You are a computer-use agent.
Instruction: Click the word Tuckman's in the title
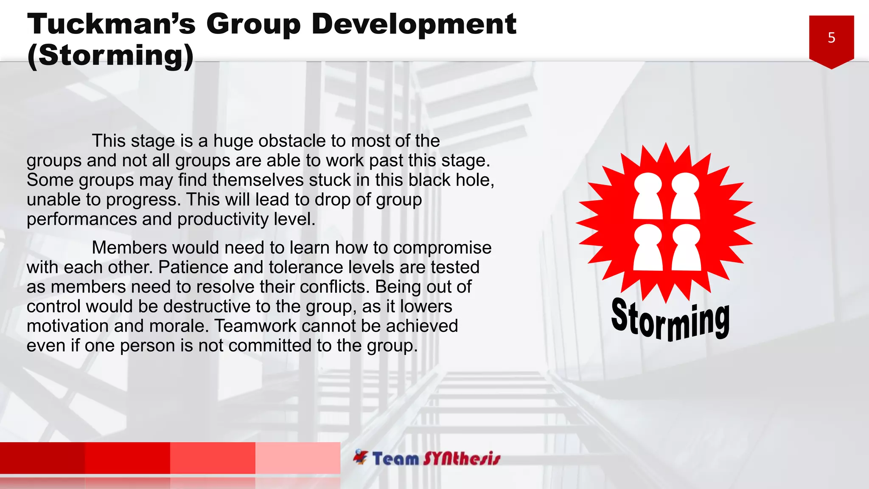tap(111, 24)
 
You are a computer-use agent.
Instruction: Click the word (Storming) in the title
tap(110, 55)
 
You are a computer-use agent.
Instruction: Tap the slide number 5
tap(831, 38)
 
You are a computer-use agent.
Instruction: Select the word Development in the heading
tap(414, 24)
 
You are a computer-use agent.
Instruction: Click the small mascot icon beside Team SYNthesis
tap(361, 457)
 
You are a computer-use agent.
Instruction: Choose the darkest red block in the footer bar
tap(42, 458)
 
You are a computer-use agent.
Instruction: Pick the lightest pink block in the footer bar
tap(298, 458)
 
